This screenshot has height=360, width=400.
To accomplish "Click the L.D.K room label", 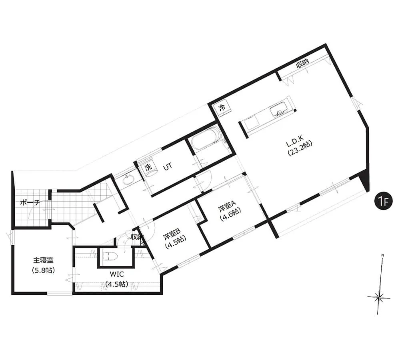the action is (294, 145).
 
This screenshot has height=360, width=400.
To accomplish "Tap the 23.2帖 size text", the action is (300, 153).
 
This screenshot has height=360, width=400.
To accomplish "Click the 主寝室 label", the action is (43, 260).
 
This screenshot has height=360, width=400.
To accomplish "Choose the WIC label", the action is (117, 274).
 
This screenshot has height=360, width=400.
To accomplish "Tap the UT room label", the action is (168, 167).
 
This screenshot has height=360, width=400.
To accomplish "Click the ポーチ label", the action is (30, 203).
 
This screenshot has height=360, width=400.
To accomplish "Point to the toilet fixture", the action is (108, 256).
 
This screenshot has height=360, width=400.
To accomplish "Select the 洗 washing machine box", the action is (148, 167).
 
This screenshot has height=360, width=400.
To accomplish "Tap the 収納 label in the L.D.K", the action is (302, 63).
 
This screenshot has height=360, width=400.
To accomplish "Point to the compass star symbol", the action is (379, 298).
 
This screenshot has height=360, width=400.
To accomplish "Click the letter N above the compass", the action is (383, 255).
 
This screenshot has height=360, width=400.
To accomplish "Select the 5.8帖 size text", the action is (43, 270).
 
